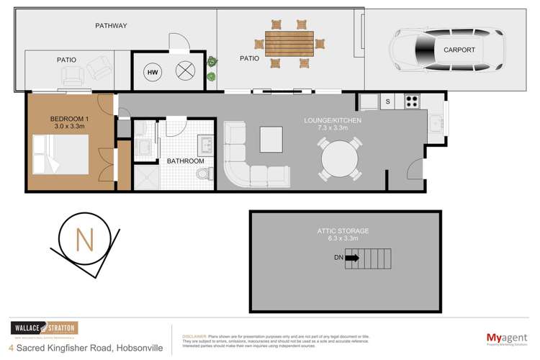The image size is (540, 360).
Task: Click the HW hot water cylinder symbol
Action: point(153,73)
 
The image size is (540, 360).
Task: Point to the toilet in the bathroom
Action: point(205,174)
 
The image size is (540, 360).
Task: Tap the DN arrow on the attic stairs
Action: point(351,257)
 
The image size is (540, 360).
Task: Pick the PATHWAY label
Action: point(112,26)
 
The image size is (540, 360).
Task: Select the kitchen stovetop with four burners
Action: point(412,102)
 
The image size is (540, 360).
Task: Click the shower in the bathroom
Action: point(146,176)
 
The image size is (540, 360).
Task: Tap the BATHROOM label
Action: point(186,161)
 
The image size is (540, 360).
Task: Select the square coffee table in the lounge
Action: point(272,136)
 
